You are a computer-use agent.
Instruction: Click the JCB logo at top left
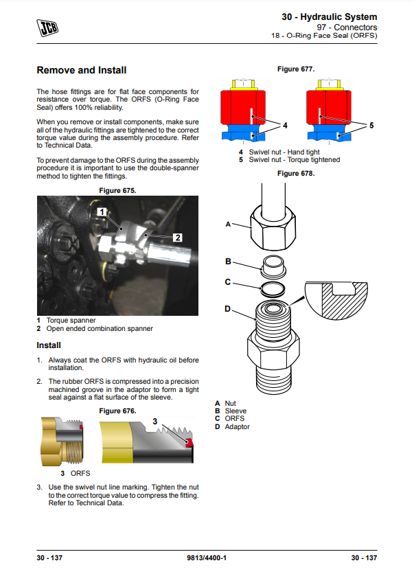click(x=47, y=27)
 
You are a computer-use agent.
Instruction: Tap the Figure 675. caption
click(x=117, y=190)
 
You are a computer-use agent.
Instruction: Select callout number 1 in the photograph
click(x=100, y=212)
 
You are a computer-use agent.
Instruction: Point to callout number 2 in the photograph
click(x=177, y=238)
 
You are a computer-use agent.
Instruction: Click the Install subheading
click(x=49, y=345)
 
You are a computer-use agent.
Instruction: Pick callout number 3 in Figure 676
click(x=155, y=420)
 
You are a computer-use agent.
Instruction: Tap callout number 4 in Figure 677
click(x=285, y=126)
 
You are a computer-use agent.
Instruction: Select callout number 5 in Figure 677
click(x=371, y=126)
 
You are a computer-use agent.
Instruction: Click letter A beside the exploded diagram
click(x=227, y=225)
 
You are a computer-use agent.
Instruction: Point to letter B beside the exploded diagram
click(x=228, y=262)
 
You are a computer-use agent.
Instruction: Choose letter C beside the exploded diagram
click(x=228, y=282)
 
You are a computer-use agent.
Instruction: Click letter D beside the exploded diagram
click(x=228, y=309)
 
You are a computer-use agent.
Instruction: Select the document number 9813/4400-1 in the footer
click(x=207, y=557)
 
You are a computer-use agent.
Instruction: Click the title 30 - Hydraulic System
click(x=329, y=16)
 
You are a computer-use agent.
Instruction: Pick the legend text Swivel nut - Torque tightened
click(x=294, y=160)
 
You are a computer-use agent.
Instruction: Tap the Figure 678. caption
click(x=295, y=174)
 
